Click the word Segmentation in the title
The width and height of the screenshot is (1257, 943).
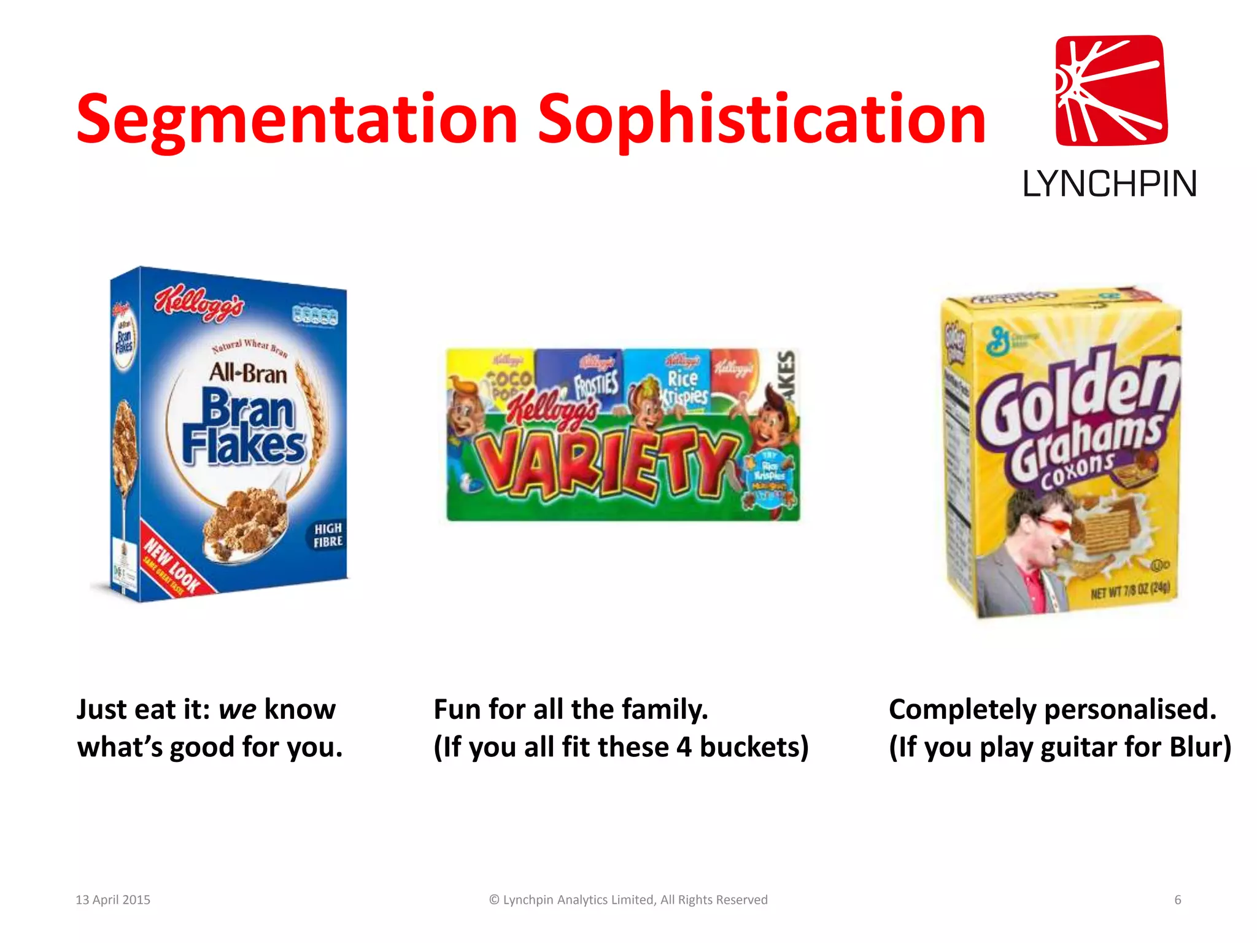297,120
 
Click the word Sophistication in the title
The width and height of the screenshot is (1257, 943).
761,120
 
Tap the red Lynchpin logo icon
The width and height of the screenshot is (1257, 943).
1111,90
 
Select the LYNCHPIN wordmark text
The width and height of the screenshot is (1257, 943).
1110,184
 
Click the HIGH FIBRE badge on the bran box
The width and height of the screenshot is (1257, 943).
328,535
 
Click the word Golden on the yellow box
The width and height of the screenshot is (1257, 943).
1077,398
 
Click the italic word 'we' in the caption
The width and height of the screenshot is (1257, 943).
237,710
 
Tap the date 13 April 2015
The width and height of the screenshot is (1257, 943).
113,900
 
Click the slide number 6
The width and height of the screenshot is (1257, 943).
1178,900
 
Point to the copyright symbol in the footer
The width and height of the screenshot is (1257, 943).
494,900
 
